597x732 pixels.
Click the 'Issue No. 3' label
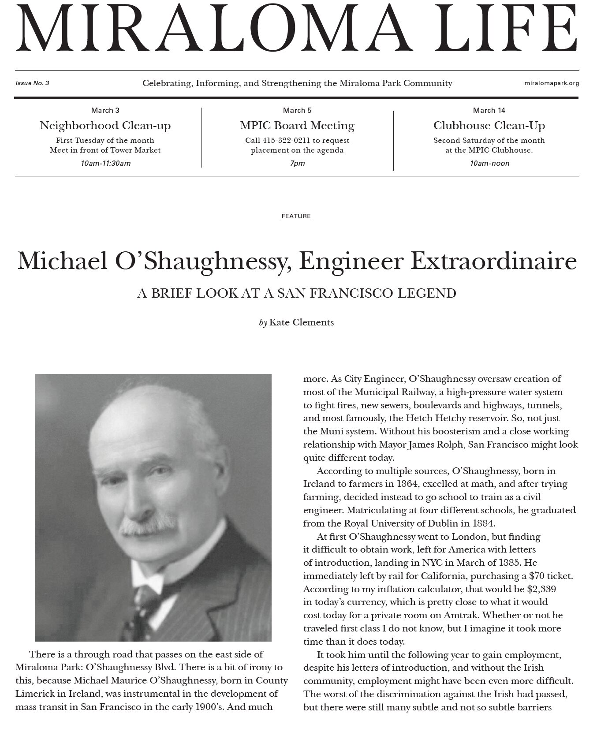[32, 83]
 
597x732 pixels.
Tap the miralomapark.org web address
[552, 83]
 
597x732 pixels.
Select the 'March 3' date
[105, 110]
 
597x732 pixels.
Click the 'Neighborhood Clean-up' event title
[105, 126]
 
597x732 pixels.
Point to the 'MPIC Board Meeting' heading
[297, 126]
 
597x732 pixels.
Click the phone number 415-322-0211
[286, 141]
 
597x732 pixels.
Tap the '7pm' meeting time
[297, 163]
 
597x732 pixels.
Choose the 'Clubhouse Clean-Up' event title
[489, 126]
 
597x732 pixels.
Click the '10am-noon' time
[489, 163]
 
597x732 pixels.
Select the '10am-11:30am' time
[105, 163]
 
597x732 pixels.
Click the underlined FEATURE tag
[296, 216]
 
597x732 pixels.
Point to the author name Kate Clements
[302, 322]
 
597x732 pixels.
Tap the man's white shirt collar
[146, 578]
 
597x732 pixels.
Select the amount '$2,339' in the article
[541, 589]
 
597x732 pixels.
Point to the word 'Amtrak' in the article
[459, 615]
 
